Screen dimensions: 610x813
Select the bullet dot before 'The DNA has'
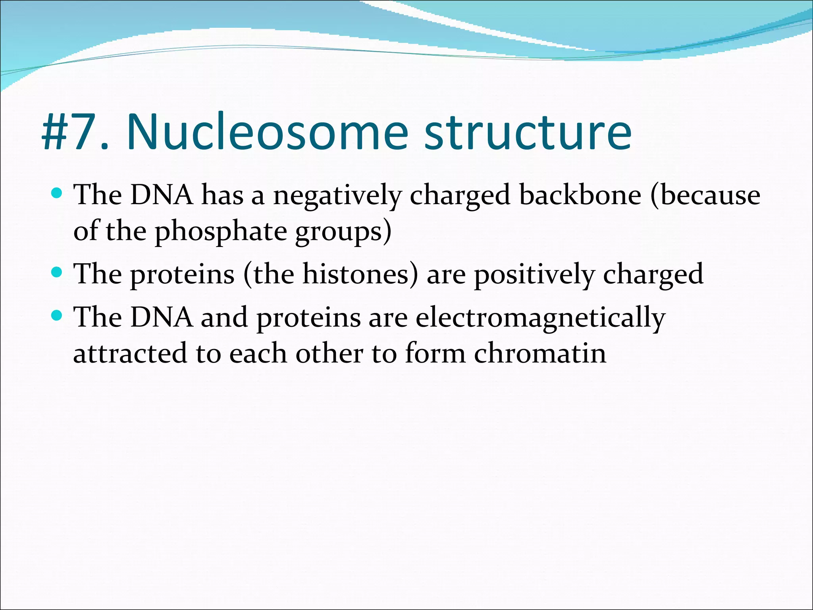point(57,193)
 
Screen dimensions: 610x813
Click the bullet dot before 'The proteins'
point(57,272)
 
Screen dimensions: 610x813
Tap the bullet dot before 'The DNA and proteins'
point(57,316)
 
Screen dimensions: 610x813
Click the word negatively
point(337,196)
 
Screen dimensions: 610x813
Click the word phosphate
point(220,232)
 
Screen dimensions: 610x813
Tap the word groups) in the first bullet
point(343,232)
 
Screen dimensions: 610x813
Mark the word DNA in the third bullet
point(162,318)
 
